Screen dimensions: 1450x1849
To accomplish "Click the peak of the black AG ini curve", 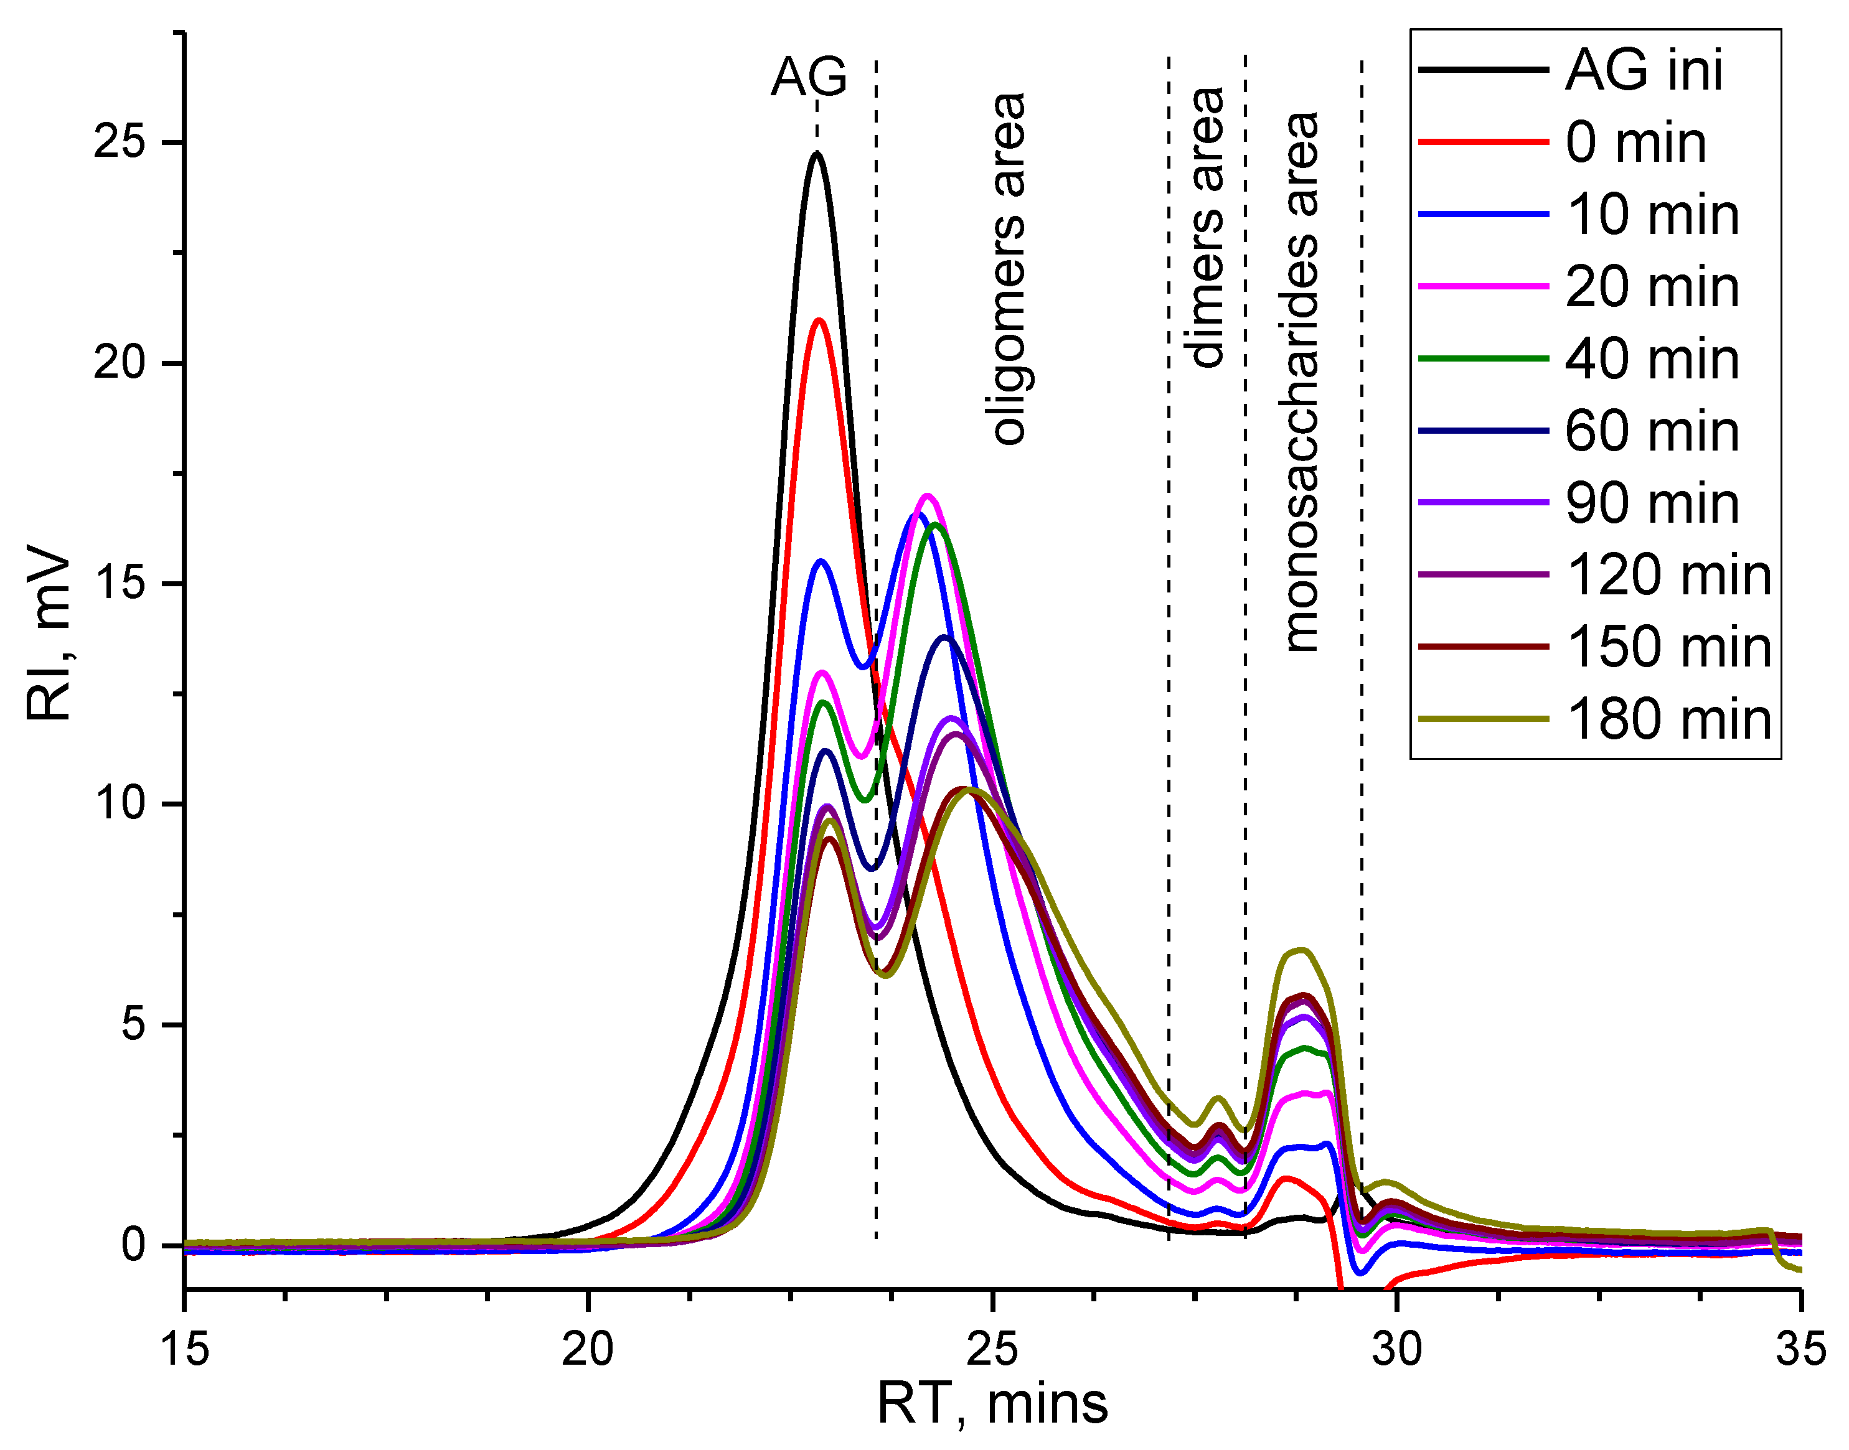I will coord(817,154).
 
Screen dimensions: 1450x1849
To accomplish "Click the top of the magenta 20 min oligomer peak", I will coord(928,496).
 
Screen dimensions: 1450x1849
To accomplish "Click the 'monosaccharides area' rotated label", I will coord(1301,382).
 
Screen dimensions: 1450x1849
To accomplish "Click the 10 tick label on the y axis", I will coord(122,803).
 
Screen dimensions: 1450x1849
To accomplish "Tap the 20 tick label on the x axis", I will coord(588,1348).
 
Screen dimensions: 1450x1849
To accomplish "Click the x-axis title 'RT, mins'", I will coord(992,1404).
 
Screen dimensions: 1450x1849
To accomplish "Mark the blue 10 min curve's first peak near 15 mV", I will coord(821,561).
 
